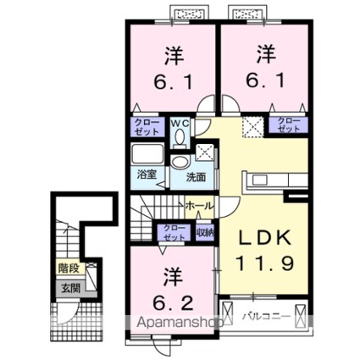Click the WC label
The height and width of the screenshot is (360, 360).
[180, 122]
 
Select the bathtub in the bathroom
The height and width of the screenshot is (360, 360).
[149, 157]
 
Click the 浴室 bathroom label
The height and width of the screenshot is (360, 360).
[146, 175]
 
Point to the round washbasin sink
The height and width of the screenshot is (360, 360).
[180, 164]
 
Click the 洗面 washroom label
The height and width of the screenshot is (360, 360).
[197, 178]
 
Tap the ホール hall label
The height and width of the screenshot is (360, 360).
[199, 206]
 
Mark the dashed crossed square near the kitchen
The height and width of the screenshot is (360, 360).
[252, 128]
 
